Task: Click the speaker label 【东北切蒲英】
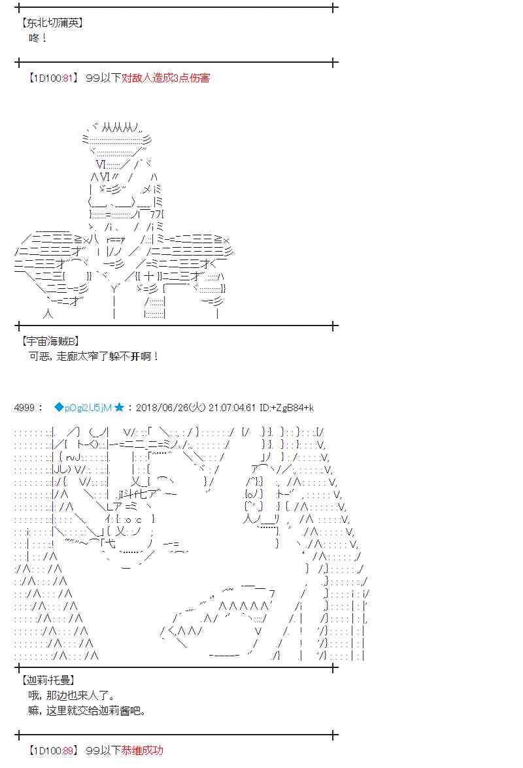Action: (x=52, y=22)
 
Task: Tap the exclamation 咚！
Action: (x=38, y=38)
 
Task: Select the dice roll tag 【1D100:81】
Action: (x=54, y=77)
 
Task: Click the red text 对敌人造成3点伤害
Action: (x=165, y=77)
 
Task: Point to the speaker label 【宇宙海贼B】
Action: (x=50, y=341)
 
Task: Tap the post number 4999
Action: (x=24, y=407)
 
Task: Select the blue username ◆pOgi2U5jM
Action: (x=83, y=407)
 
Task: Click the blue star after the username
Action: (x=119, y=407)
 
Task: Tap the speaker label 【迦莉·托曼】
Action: (x=48, y=680)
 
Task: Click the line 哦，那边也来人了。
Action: (x=72, y=695)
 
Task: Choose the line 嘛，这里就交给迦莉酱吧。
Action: (x=87, y=710)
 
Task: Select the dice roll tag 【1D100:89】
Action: (x=54, y=750)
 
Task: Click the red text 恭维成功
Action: (x=142, y=750)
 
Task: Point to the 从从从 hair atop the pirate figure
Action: (x=120, y=128)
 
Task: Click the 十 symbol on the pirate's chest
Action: (x=149, y=276)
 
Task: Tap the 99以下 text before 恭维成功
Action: (x=103, y=750)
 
